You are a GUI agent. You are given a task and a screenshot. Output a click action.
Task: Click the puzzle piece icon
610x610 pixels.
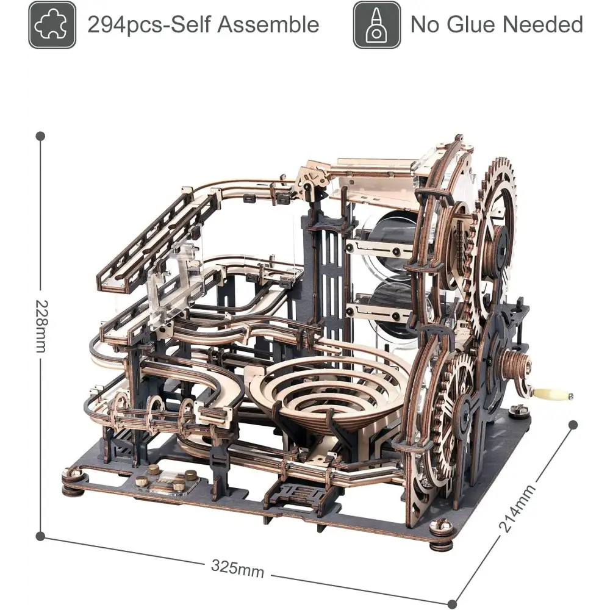(x=52, y=24)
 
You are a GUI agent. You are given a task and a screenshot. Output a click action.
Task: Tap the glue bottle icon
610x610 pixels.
(x=376, y=24)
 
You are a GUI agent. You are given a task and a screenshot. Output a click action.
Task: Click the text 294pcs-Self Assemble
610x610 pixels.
(x=203, y=24)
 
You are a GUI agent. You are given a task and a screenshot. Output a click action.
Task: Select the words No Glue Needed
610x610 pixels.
(x=497, y=24)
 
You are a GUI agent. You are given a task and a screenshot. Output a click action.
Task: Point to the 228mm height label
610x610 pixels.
(x=41, y=326)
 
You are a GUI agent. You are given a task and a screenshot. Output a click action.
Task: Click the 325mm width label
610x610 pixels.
(x=238, y=569)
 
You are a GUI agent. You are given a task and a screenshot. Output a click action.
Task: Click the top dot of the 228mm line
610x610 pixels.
(x=40, y=136)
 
